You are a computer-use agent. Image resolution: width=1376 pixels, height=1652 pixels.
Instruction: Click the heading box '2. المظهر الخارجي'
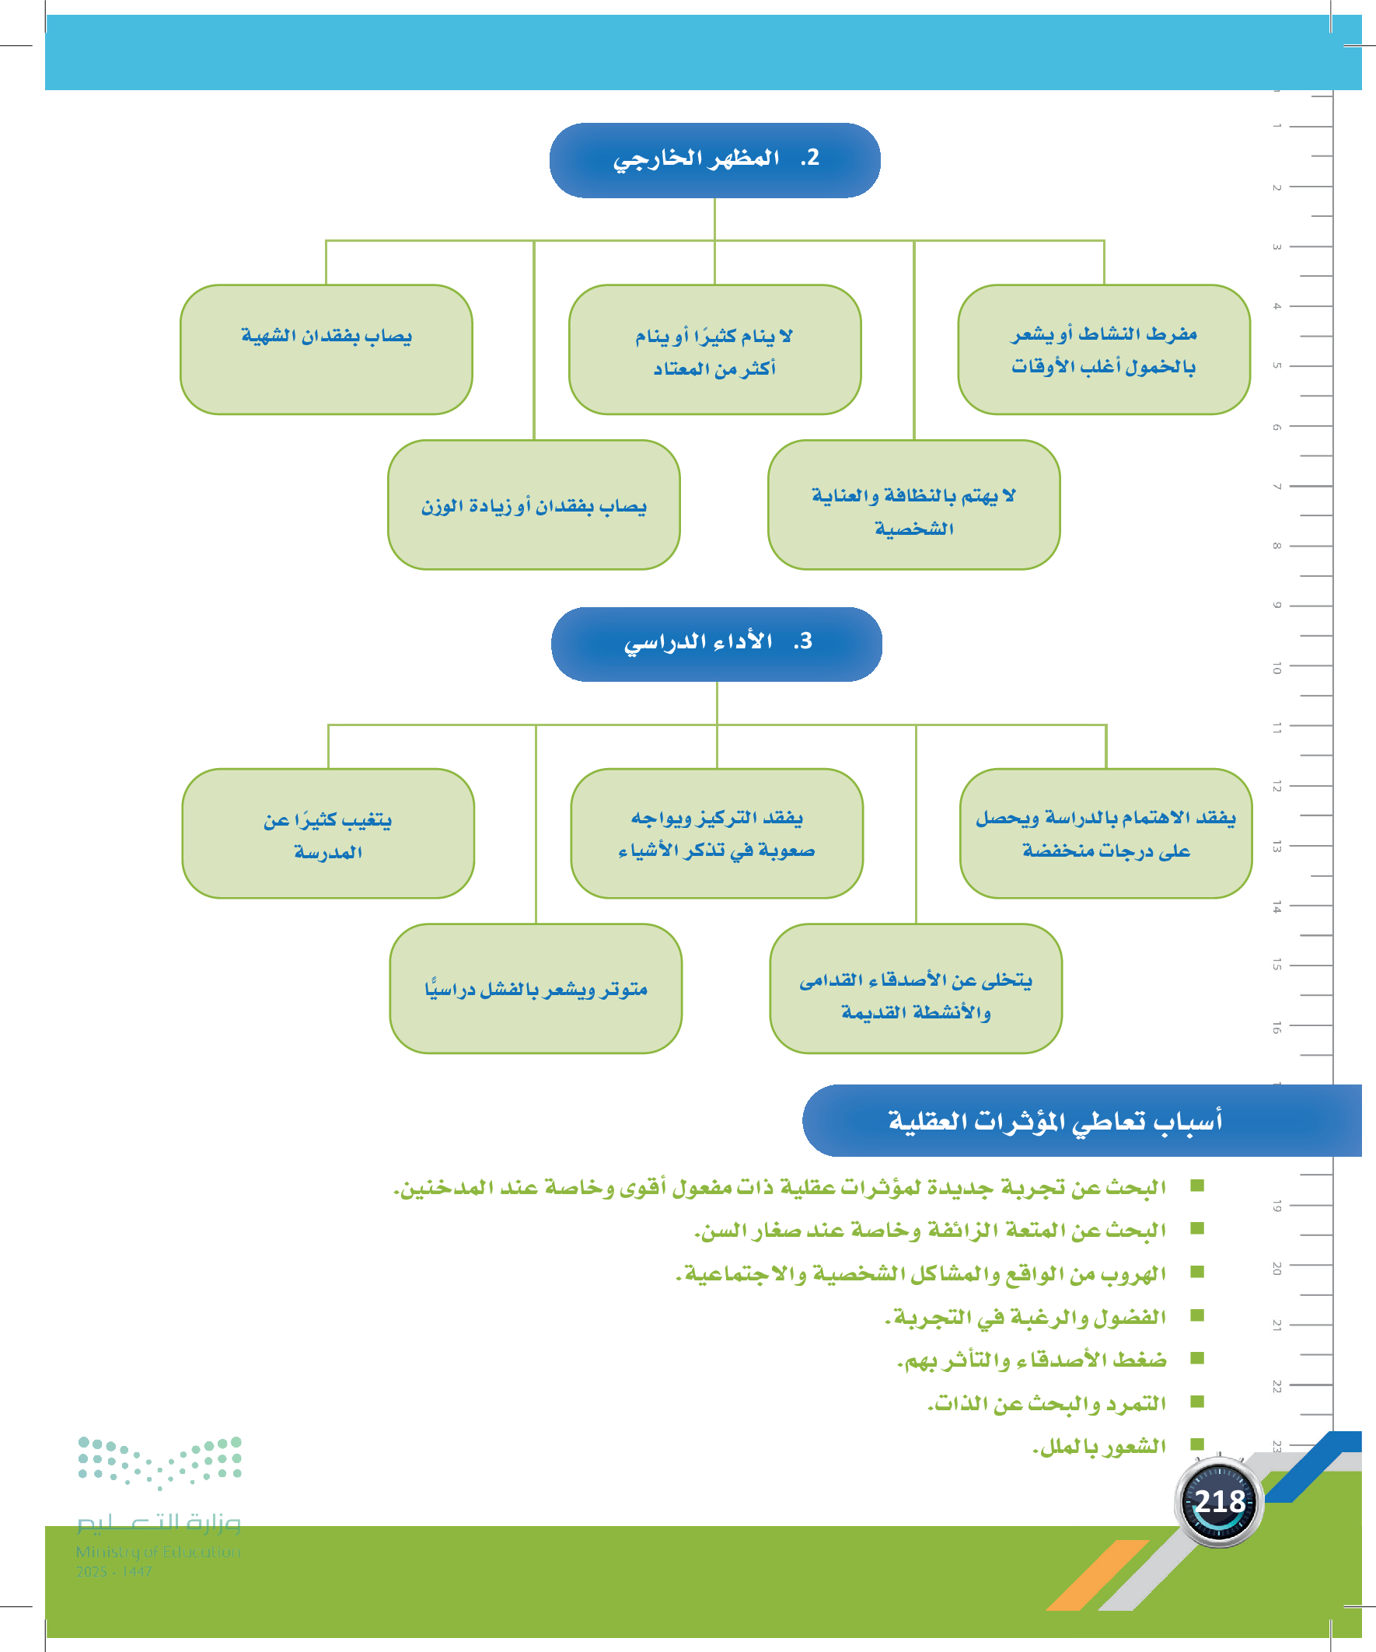tap(714, 159)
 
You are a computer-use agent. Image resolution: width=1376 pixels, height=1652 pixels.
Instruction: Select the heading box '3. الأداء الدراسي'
tap(716, 644)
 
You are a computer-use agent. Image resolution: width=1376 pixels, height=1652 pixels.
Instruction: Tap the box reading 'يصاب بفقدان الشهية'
tap(327, 349)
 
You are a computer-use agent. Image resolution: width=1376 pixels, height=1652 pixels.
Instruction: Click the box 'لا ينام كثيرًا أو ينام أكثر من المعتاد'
tap(714, 349)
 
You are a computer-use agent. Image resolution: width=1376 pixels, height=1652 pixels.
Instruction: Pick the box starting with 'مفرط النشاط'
tap(1104, 349)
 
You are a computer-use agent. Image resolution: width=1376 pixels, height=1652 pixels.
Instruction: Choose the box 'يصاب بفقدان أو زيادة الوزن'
tap(533, 505)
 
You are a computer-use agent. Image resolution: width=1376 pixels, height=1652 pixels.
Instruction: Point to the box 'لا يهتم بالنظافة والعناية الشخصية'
tap(913, 505)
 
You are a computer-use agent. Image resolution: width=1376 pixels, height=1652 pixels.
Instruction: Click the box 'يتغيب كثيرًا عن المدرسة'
tap(328, 833)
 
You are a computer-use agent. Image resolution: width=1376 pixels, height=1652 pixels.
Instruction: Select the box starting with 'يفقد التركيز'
tap(717, 833)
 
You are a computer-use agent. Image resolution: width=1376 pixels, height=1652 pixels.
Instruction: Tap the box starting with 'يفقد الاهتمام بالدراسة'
tap(1105, 833)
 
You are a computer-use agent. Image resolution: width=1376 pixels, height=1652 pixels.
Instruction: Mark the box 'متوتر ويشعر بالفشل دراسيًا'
tap(536, 988)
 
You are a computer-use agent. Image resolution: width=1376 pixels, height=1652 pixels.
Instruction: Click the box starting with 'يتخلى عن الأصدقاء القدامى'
tap(916, 988)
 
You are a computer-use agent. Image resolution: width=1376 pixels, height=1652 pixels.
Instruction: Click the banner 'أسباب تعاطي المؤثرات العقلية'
tap(1054, 1120)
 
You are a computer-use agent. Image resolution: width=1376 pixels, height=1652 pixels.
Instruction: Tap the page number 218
tap(1220, 1502)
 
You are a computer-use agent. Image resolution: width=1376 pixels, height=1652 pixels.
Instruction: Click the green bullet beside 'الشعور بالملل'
tap(1197, 1444)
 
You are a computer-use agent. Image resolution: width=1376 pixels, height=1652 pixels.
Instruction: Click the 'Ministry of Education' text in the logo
tap(158, 1551)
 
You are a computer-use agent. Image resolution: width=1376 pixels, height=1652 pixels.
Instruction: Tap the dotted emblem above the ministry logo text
tap(159, 1462)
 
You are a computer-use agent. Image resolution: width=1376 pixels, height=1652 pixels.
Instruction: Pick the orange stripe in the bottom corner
tap(1098, 1576)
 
